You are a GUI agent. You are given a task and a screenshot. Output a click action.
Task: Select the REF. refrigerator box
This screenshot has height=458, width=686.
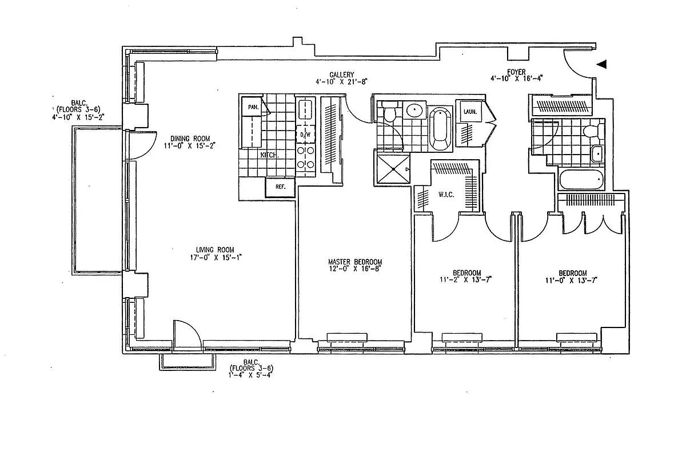click(x=280, y=187)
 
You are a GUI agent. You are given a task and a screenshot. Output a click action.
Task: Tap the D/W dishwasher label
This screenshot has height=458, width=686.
click(x=305, y=135)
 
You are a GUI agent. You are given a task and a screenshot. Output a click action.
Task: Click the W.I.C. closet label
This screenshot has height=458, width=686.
click(x=446, y=195)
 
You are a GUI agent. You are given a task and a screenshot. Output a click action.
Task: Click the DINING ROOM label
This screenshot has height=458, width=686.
click(x=190, y=138)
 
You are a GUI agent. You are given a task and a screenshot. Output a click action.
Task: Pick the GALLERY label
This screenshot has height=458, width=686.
click(x=342, y=74)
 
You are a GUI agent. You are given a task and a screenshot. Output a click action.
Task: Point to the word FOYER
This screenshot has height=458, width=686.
click(x=517, y=72)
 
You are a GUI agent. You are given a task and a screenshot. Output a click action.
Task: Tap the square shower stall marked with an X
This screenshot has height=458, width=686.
click(x=393, y=168)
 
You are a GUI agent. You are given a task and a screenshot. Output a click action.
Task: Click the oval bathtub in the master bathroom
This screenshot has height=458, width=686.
click(x=440, y=127)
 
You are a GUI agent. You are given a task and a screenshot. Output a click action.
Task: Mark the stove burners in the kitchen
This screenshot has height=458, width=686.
click(x=306, y=157)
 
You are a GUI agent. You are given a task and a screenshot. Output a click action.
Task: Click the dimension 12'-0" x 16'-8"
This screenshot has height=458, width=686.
click(x=354, y=268)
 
